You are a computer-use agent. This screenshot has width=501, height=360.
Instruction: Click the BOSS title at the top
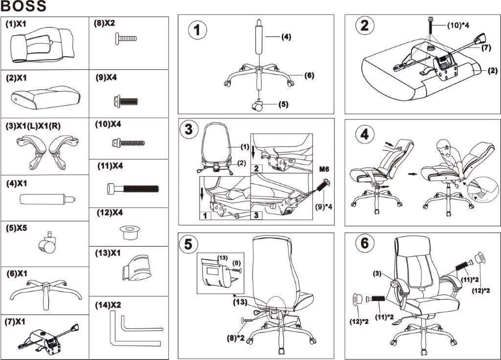click(x=24, y=6)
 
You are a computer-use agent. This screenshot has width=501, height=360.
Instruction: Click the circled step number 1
click(x=197, y=30)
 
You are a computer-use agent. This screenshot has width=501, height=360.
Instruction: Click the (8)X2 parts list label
click(x=105, y=23)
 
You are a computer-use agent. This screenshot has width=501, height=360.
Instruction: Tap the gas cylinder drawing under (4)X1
click(x=47, y=199)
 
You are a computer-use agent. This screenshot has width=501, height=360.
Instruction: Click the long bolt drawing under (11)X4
click(x=132, y=187)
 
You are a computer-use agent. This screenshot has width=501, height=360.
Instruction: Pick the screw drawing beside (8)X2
click(x=126, y=38)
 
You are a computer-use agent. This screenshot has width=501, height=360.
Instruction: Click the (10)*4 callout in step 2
click(x=458, y=25)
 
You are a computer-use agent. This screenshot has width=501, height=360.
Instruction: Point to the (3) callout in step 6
click(x=377, y=273)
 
